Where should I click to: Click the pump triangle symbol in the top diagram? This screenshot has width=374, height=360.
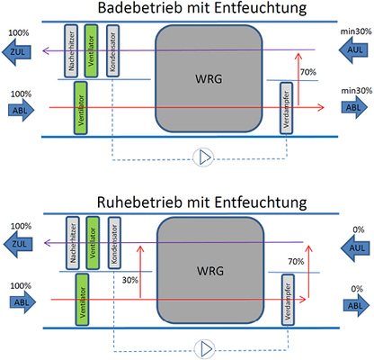point(206,158)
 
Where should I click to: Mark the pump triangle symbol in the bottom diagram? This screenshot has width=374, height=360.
point(206,346)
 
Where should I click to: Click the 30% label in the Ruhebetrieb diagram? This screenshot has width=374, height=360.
point(129,280)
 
